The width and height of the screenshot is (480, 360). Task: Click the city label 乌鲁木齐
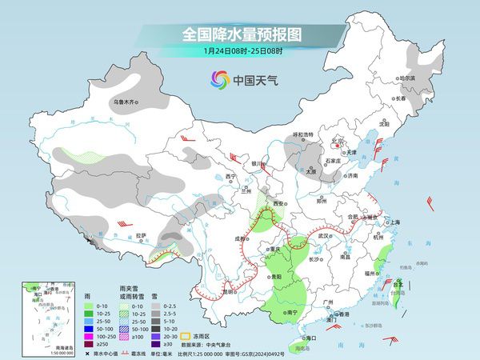coord(126,102)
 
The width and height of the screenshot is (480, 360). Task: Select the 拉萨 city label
coord(142,234)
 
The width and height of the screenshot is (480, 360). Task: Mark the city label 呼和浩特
coord(303,134)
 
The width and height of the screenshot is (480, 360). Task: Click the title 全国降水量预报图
coord(241,34)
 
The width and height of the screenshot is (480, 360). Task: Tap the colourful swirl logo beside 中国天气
coord(218,79)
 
